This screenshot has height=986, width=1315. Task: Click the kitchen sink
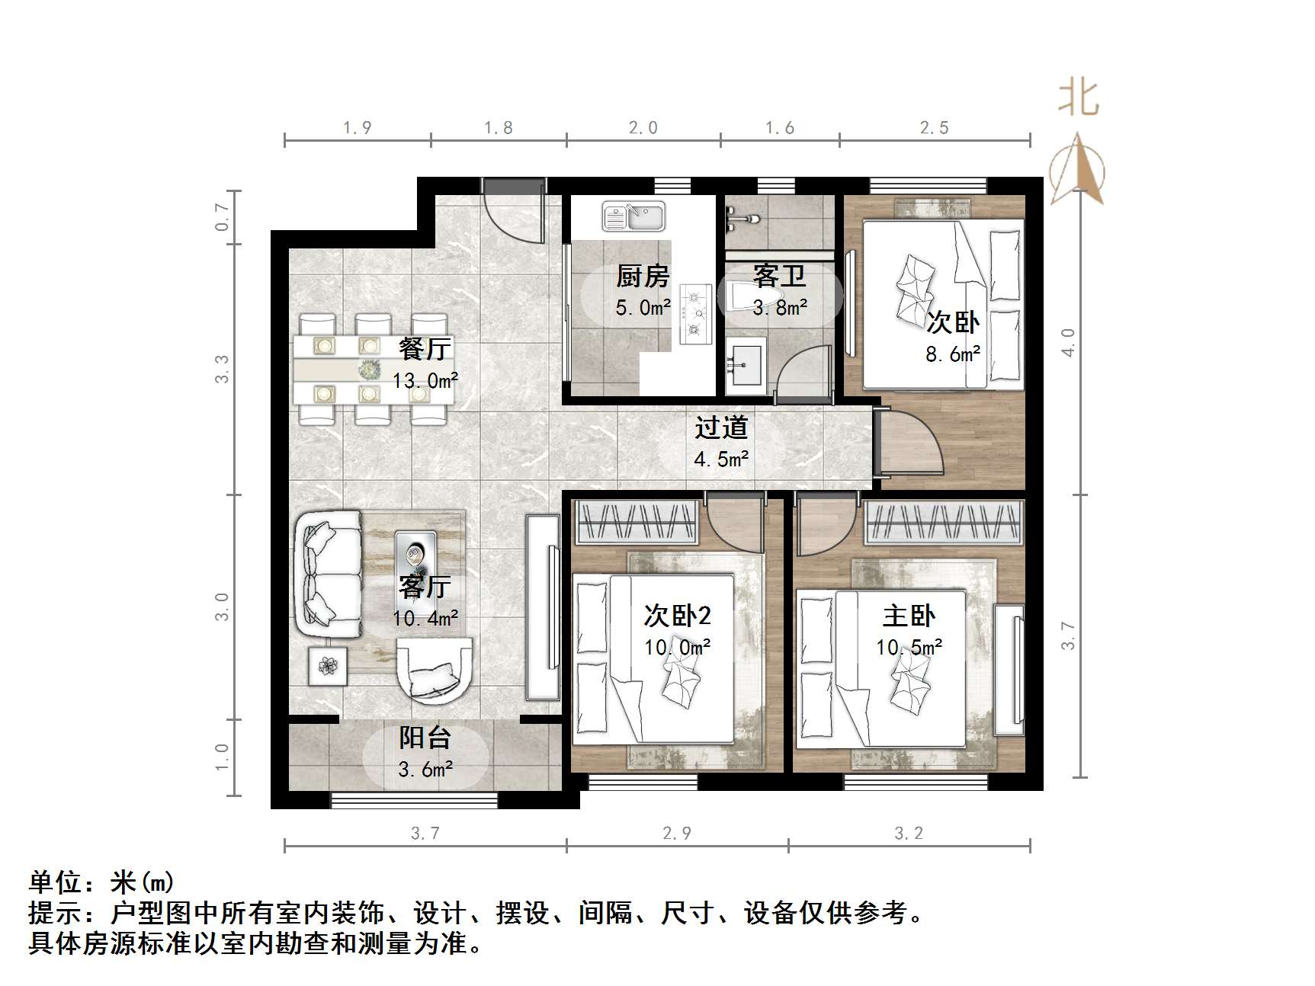[633, 216]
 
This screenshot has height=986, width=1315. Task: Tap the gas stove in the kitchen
[694, 313]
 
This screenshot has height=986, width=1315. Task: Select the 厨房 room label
[643, 276]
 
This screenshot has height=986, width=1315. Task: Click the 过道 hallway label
[721, 428]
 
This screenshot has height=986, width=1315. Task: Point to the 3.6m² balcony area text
[425, 770]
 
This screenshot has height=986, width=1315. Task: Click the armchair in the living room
[434, 670]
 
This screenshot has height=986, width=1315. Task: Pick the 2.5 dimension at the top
[934, 128]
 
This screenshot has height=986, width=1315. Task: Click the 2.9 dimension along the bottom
[677, 834]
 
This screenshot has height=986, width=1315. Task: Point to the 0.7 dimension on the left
[222, 217]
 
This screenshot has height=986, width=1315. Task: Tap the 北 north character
[1078, 98]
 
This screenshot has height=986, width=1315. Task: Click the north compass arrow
[1077, 171]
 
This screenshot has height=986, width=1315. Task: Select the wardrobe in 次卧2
[637, 522]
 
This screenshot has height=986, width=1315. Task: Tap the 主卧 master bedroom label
[909, 616]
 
